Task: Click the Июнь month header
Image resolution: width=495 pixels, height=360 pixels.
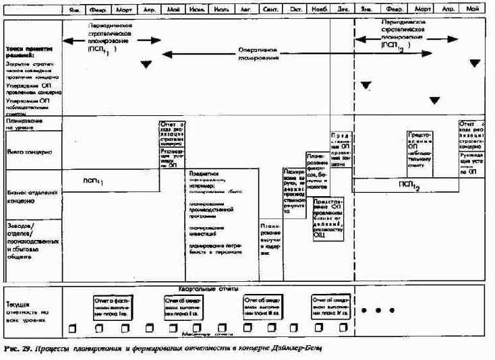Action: point(198,11)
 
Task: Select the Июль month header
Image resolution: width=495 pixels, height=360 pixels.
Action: point(223,11)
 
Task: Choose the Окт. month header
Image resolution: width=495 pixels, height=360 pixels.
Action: point(295,11)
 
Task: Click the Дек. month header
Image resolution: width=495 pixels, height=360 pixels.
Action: point(343,11)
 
